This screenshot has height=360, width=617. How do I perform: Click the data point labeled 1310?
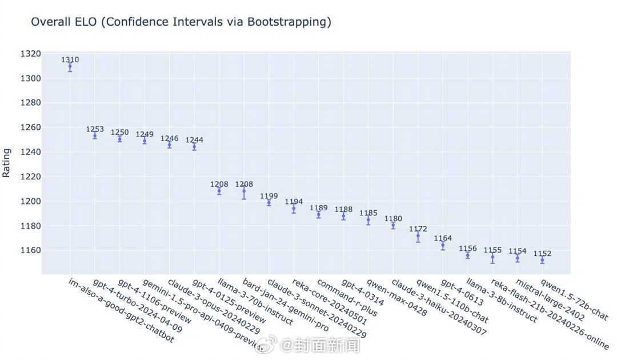pos(70,67)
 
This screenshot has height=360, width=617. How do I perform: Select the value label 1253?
pos(95,129)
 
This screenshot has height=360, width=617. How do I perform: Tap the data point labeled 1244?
pos(194,146)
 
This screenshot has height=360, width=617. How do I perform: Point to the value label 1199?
pos(269,196)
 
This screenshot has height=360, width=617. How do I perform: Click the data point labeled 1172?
pos(418,235)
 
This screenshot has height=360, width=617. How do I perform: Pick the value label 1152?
pos(542,254)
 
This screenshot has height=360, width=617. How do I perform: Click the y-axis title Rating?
pos(7,162)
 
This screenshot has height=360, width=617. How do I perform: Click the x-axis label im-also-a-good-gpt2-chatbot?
pos(121,310)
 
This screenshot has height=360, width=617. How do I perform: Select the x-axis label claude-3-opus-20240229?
pos(213,306)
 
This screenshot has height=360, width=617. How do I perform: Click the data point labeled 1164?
pos(443,245)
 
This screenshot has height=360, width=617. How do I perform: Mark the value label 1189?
pos(319,208)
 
